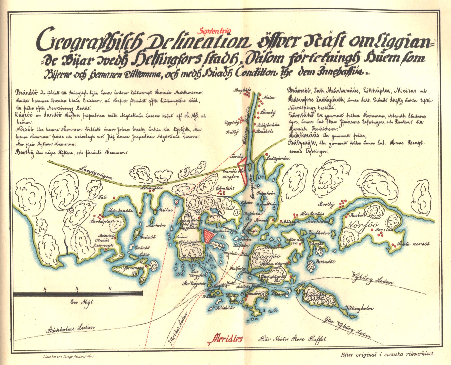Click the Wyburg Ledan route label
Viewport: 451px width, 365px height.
(x=373, y=279)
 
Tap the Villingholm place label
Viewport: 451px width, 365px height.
(x=359, y=308)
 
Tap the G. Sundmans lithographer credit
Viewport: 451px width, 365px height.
(x=69, y=356)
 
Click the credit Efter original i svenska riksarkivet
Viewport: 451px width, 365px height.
(x=388, y=355)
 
